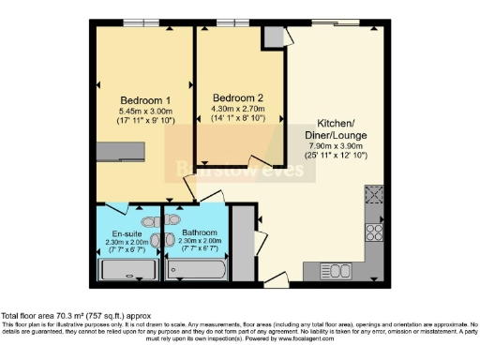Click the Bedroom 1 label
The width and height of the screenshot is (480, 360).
pyautogui.click(x=144, y=100)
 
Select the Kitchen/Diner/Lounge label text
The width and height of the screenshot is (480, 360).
pyautogui.click(x=335, y=135)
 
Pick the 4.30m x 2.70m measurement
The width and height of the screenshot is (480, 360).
pyautogui.click(x=237, y=109)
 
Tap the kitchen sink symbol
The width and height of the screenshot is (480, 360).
pyautogui.click(x=334, y=270)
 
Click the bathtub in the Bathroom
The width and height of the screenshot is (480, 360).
pyautogui.click(x=196, y=270)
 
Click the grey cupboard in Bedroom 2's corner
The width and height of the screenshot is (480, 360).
pyautogui.click(x=273, y=37)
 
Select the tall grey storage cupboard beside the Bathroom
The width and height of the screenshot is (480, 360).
pyautogui.click(x=241, y=244)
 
